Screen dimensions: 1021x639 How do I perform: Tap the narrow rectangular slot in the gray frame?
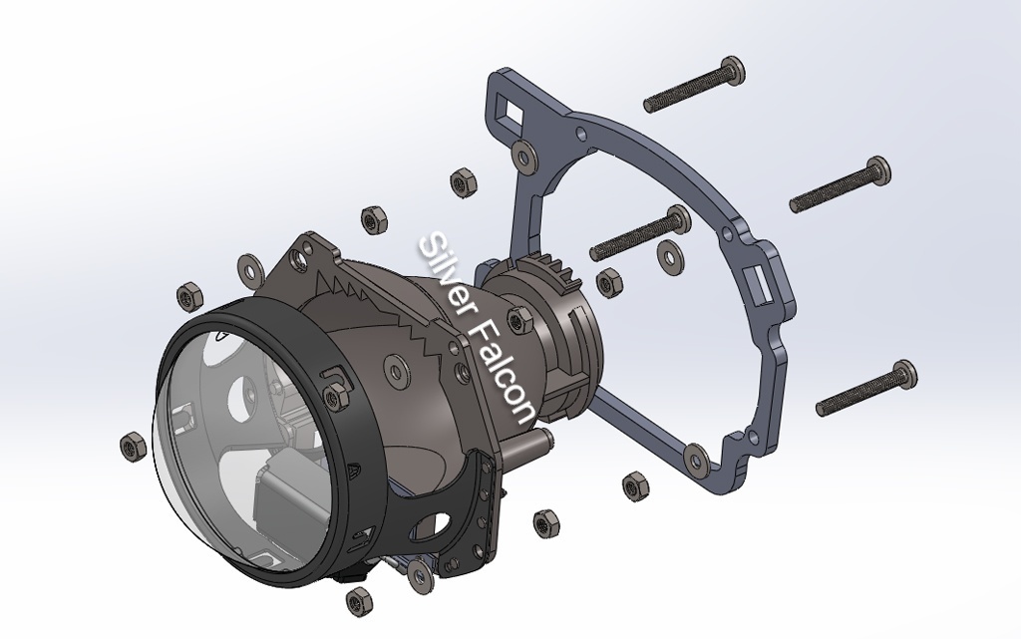[760, 284]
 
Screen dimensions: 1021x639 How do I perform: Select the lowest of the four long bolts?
[866, 388]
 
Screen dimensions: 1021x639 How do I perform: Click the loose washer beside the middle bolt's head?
[669, 257]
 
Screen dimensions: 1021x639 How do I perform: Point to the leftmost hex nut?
[133, 447]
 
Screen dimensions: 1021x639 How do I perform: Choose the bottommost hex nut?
[358, 601]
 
